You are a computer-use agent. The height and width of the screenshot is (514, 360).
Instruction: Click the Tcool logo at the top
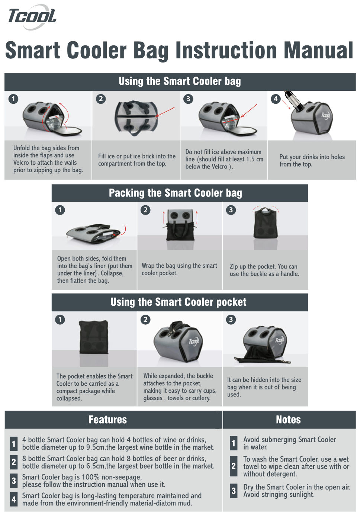[x=32, y=17]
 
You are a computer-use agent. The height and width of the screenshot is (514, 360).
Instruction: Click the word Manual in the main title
[x=318, y=50]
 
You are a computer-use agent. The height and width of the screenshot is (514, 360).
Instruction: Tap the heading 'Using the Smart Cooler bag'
[x=180, y=81]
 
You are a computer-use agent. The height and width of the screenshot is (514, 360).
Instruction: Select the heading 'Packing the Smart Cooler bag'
[x=175, y=193]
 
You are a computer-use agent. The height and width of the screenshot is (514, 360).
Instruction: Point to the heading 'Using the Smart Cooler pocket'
[x=178, y=302]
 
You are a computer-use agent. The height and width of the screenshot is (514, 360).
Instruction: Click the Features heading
[x=107, y=420]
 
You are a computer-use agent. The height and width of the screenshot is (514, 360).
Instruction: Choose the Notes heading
[x=288, y=420]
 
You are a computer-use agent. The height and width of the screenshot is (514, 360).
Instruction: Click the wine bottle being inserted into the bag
[x=293, y=101]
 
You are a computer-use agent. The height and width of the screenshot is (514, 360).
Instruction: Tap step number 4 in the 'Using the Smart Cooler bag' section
[x=276, y=99]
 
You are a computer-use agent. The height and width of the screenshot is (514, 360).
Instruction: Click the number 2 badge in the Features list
[x=14, y=462]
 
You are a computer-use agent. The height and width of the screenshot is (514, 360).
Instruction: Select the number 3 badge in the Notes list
[x=234, y=491]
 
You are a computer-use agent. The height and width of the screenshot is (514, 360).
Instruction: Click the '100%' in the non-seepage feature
[x=91, y=477]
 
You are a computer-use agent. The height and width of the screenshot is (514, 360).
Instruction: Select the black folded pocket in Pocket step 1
[x=94, y=337]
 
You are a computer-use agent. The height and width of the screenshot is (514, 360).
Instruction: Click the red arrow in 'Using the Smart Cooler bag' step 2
[x=165, y=112]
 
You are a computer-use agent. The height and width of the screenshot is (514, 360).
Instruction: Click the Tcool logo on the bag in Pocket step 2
[x=194, y=342]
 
